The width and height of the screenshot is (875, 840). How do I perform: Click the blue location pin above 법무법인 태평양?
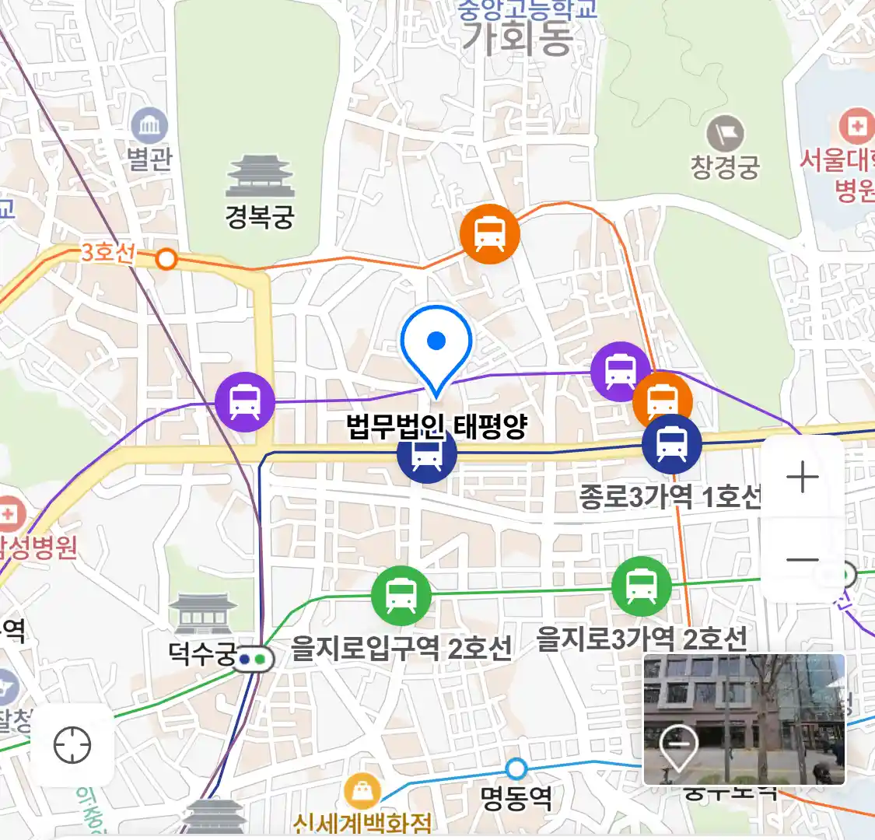(436, 342)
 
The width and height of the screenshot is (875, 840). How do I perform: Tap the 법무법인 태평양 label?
(436, 426)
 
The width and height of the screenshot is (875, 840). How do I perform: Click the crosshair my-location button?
(72, 745)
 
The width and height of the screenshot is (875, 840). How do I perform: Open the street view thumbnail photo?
(744, 719)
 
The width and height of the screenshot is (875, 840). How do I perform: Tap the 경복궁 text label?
(260, 215)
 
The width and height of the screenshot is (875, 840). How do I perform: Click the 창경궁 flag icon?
(725, 134)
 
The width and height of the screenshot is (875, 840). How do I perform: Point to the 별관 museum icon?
(149, 125)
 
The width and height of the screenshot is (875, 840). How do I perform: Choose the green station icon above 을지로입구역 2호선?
(401, 596)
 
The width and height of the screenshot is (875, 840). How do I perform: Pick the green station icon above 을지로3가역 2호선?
(641, 586)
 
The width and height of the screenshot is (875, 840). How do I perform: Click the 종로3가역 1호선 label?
(669, 496)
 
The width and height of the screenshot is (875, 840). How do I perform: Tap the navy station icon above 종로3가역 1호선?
(671, 444)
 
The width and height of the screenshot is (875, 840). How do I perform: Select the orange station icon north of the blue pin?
(489, 233)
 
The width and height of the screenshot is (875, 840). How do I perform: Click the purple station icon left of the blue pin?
(245, 402)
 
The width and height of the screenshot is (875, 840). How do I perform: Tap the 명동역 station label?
(516, 798)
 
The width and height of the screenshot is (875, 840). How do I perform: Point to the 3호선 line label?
(108, 252)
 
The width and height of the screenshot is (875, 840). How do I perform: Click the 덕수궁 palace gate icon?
(203, 613)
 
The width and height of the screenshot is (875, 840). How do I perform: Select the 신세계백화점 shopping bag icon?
(362, 792)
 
